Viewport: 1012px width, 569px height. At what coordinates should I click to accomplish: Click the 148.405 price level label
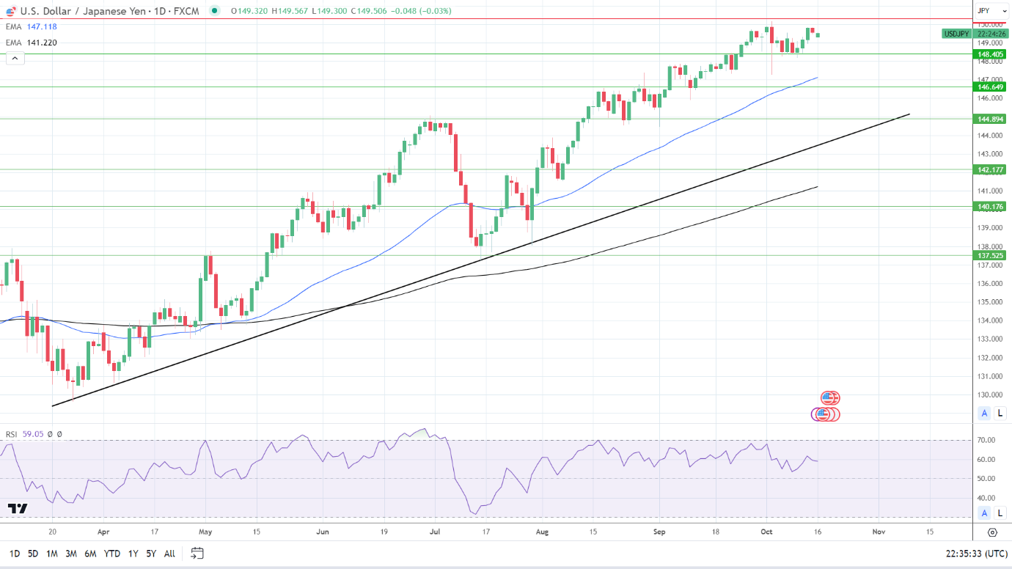(990, 54)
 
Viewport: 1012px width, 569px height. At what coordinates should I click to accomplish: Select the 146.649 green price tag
(990, 87)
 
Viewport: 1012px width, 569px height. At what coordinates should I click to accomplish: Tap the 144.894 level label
(990, 119)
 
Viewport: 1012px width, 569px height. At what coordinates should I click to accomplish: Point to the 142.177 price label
(990, 169)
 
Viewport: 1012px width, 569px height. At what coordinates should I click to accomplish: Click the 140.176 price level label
(990, 207)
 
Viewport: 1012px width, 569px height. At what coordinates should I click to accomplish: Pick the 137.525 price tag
(990, 256)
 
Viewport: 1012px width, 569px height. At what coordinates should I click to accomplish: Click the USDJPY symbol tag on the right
(956, 34)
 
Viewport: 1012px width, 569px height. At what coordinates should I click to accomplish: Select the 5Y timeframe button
(150, 554)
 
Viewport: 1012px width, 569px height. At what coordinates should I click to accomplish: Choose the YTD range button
(112, 554)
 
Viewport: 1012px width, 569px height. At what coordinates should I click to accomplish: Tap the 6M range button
(90, 554)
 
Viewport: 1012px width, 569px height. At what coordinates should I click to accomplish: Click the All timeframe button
(169, 554)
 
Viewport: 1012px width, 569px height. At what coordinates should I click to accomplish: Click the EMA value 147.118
(42, 26)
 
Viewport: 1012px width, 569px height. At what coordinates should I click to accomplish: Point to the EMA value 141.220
(42, 43)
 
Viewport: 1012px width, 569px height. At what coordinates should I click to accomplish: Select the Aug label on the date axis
(542, 532)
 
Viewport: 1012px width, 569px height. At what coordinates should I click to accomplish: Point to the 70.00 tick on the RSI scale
(986, 441)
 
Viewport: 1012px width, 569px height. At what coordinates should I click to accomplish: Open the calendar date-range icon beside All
(197, 554)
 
